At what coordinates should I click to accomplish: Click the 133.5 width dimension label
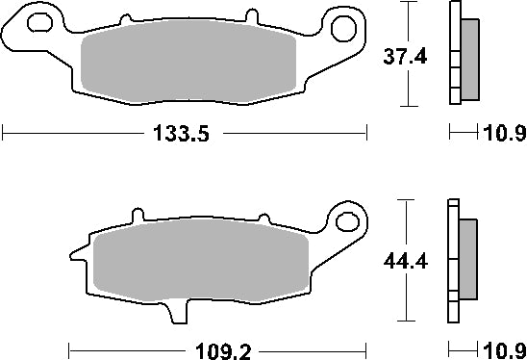[x=183, y=135]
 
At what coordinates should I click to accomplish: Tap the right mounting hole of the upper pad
[x=342, y=28]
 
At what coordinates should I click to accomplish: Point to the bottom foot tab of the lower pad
[x=175, y=310]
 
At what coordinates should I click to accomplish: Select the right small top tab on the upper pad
[x=252, y=18]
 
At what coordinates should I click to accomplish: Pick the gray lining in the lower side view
[x=468, y=259]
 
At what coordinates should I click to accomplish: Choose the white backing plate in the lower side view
[x=452, y=260]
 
